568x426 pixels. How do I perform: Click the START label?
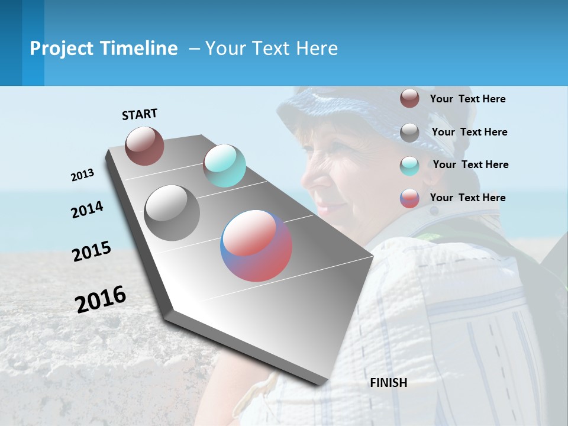point(140,114)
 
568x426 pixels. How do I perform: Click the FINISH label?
point(389,383)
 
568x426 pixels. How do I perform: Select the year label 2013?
point(83,175)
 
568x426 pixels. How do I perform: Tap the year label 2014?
point(87,209)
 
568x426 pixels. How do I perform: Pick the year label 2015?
point(92,251)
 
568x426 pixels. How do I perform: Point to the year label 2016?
point(101,299)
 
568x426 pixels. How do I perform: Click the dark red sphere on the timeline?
point(144,146)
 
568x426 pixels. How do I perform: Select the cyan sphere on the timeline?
point(224,166)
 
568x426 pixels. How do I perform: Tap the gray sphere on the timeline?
point(172,213)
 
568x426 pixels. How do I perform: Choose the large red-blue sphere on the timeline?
point(256,246)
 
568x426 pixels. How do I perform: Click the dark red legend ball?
point(409,99)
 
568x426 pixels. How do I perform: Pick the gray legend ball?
point(409,133)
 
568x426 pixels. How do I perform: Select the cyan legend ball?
point(409,165)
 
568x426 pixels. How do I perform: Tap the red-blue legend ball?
point(409,198)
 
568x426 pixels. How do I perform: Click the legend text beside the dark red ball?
point(467,99)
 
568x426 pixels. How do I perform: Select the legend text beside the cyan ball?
point(470,164)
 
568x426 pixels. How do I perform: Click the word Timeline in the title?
point(140,49)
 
